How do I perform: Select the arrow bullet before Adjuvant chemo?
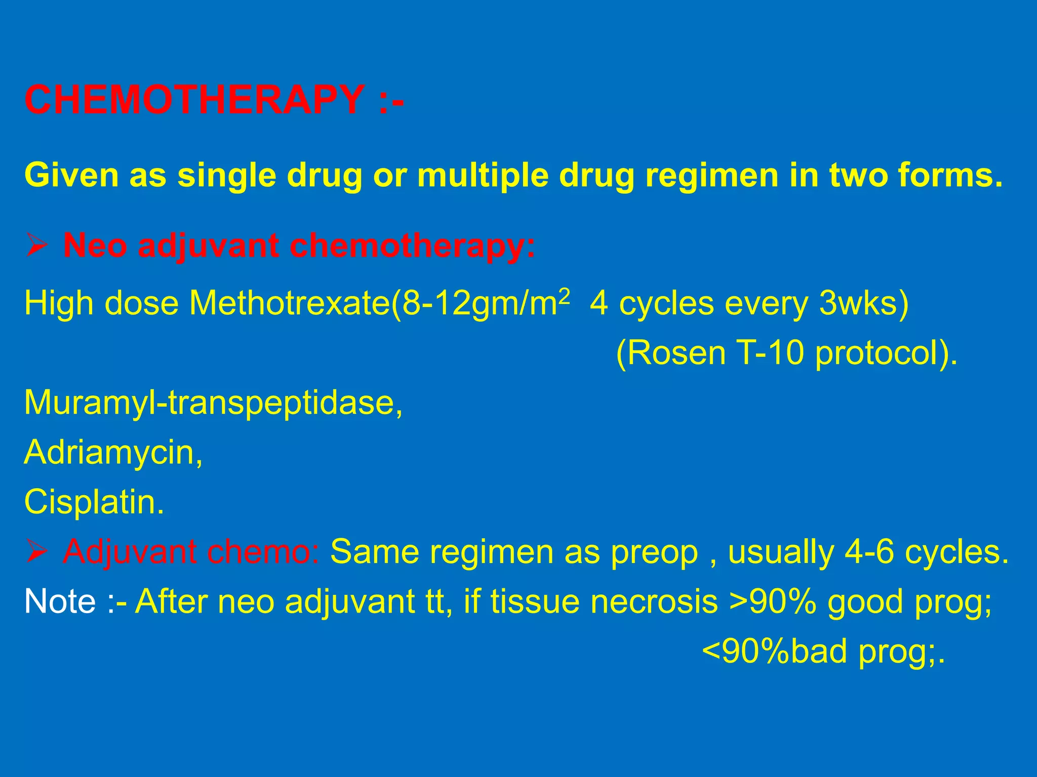pyautogui.click(x=37, y=551)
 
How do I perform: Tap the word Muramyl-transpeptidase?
pyautogui.click(x=213, y=403)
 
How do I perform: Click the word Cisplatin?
pyautogui.click(x=94, y=502)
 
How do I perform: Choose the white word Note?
pyautogui.click(x=60, y=601)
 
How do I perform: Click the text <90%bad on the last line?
pyautogui.click(x=774, y=652)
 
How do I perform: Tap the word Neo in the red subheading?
pyautogui.click(x=95, y=246)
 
